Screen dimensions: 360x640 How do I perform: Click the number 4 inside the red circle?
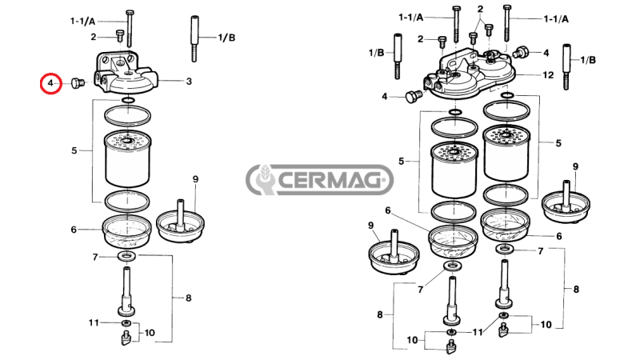coord(50,82)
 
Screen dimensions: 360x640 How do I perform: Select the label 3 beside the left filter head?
coord(189,81)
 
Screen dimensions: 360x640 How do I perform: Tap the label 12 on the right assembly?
coord(548,74)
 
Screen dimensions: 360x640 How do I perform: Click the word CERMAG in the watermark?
coord(334,181)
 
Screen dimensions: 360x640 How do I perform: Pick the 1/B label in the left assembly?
coord(226,38)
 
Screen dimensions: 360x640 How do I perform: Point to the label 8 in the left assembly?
coord(189,298)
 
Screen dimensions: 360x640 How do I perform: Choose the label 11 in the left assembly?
coord(94,322)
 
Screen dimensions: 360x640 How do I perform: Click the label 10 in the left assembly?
coord(150,332)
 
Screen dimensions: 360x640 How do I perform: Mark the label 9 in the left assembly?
coord(194,178)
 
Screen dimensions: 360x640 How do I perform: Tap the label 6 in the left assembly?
coord(74,230)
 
